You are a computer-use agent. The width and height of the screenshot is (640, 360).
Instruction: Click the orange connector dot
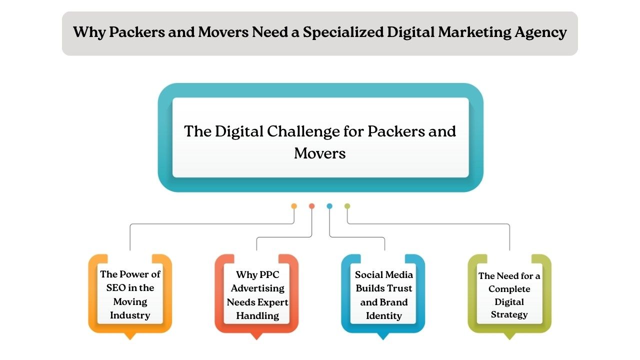coord(294,206)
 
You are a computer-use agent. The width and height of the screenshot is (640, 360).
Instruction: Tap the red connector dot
coord(311,206)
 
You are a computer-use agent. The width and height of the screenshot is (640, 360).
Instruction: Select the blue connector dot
coord(329,206)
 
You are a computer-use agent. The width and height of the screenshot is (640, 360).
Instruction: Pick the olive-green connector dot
coord(347,206)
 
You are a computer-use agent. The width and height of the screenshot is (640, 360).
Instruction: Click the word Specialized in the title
coord(343,33)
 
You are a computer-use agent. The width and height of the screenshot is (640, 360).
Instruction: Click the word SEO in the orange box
coord(117,288)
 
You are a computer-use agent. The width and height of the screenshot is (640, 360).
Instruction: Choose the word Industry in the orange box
coord(130,315)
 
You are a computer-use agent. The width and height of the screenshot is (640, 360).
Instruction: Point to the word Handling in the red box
coord(257,316)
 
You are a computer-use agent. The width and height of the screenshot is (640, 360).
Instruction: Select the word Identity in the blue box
coord(384,316)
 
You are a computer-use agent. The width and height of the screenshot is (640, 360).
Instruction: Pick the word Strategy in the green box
coord(509,315)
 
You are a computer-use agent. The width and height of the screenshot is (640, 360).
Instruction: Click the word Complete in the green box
coord(509,289)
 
